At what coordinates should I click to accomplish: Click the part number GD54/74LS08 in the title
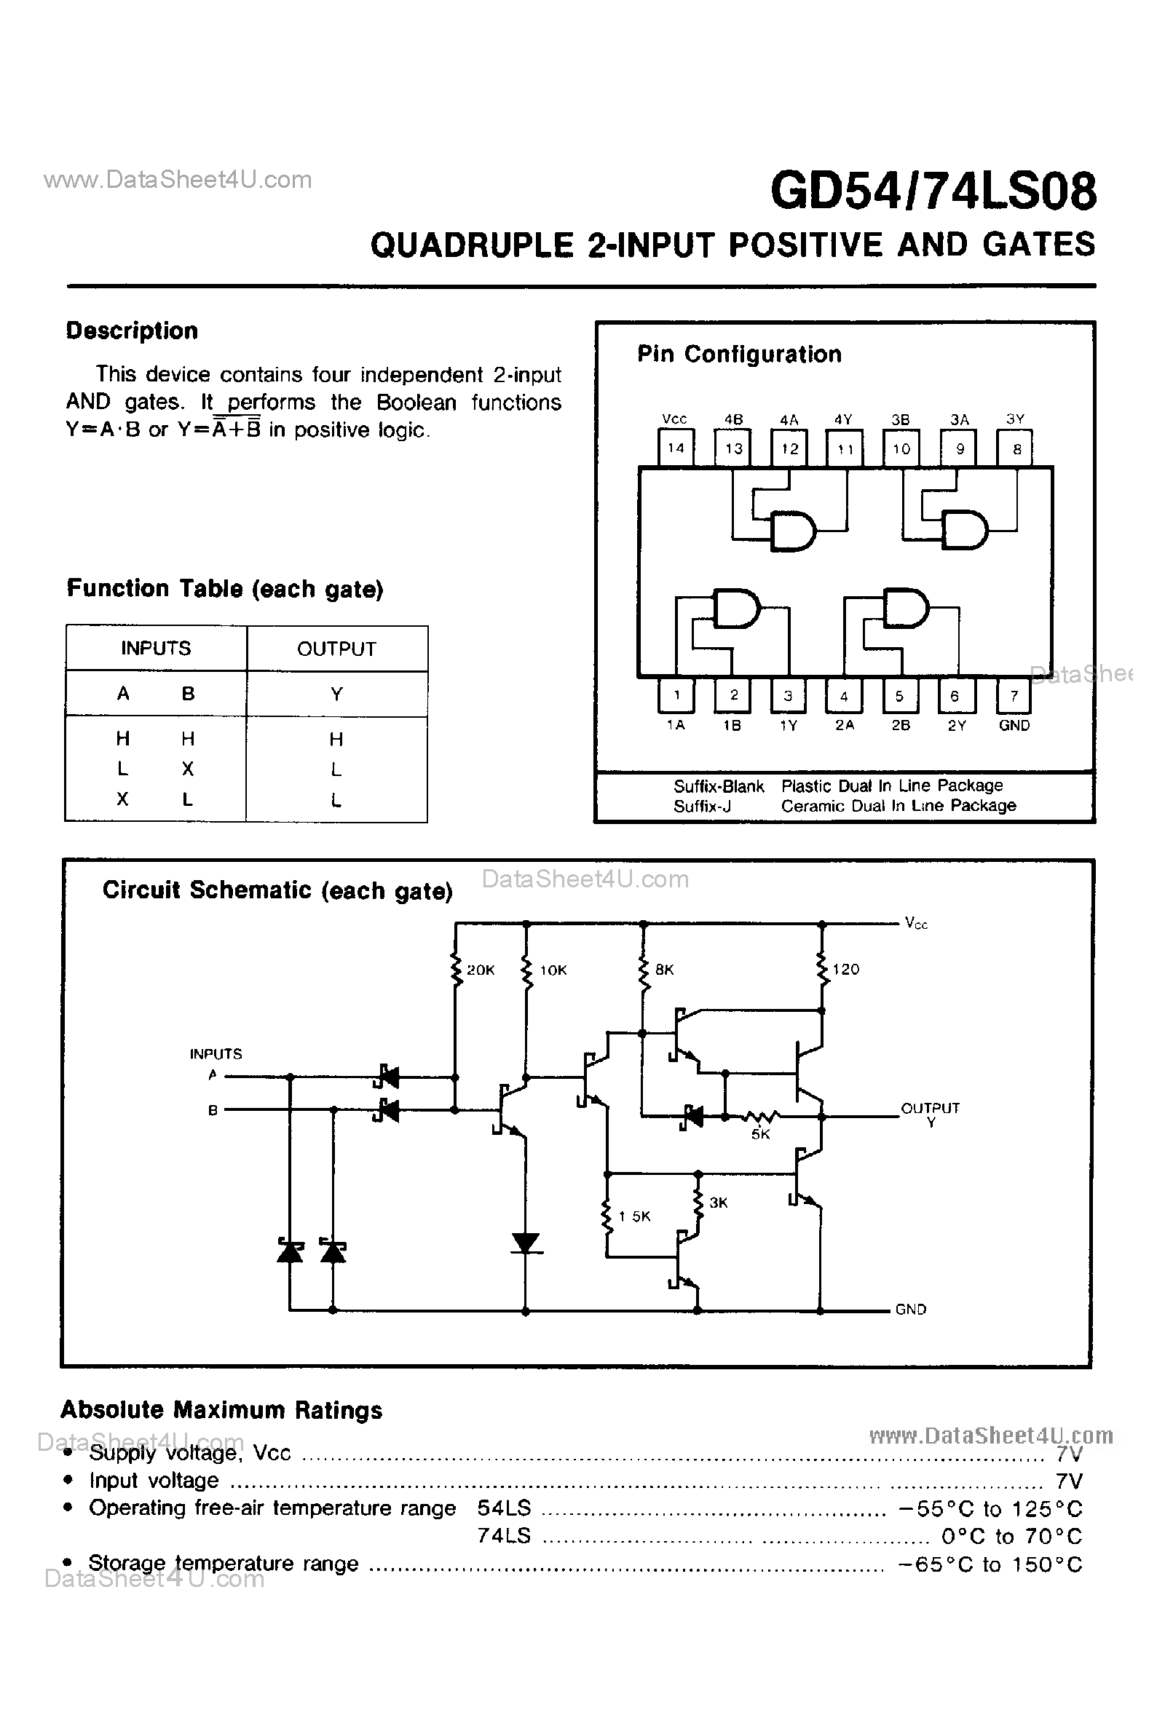933,191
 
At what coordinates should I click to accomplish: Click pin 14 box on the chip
676,448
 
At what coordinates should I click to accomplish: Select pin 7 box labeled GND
1014,696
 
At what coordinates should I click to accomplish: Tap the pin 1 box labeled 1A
676,696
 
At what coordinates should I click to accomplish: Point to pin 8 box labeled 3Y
1016,448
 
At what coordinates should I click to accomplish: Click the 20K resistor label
480,970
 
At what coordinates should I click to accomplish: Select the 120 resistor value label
845,969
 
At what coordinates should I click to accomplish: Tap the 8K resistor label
664,969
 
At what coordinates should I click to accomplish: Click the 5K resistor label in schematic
760,1134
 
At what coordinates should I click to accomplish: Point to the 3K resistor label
718,1203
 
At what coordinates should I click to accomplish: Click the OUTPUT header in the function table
336,649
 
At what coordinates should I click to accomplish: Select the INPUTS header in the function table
156,649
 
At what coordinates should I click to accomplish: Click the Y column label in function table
336,694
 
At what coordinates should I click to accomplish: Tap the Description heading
133,330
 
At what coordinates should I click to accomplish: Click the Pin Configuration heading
739,355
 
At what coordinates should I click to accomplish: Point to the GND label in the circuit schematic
910,1309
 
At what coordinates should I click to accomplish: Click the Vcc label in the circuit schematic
916,923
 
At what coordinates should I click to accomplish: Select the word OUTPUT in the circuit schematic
931,1108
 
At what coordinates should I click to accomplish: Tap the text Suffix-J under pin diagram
702,806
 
